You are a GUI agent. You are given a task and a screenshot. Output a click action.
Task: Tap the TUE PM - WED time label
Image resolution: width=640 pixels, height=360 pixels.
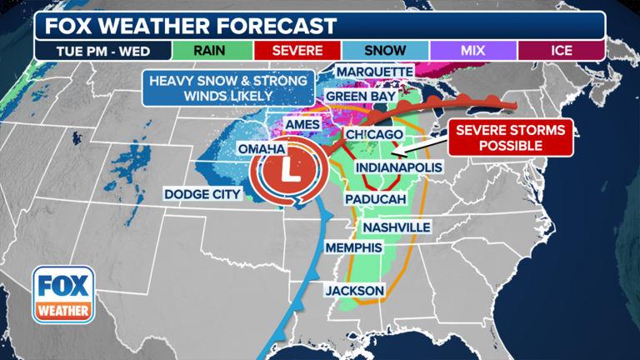click(102, 50)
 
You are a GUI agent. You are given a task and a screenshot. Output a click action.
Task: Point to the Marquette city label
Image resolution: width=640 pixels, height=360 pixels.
click(375, 72)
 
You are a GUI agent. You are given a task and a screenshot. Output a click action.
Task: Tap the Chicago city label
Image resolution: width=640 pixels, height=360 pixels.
click(374, 134)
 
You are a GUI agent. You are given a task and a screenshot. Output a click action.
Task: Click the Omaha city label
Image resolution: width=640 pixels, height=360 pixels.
click(262, 148)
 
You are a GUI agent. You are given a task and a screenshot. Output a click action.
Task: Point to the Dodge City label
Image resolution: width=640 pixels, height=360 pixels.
click(202, 194)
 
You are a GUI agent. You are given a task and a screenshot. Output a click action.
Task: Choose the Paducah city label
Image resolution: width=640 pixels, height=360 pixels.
click(377, 200)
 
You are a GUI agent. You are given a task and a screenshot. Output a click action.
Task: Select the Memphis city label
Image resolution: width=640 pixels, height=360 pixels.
click(353, 248)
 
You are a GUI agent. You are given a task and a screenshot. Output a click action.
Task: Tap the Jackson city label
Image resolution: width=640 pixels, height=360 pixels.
click(355, 290)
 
